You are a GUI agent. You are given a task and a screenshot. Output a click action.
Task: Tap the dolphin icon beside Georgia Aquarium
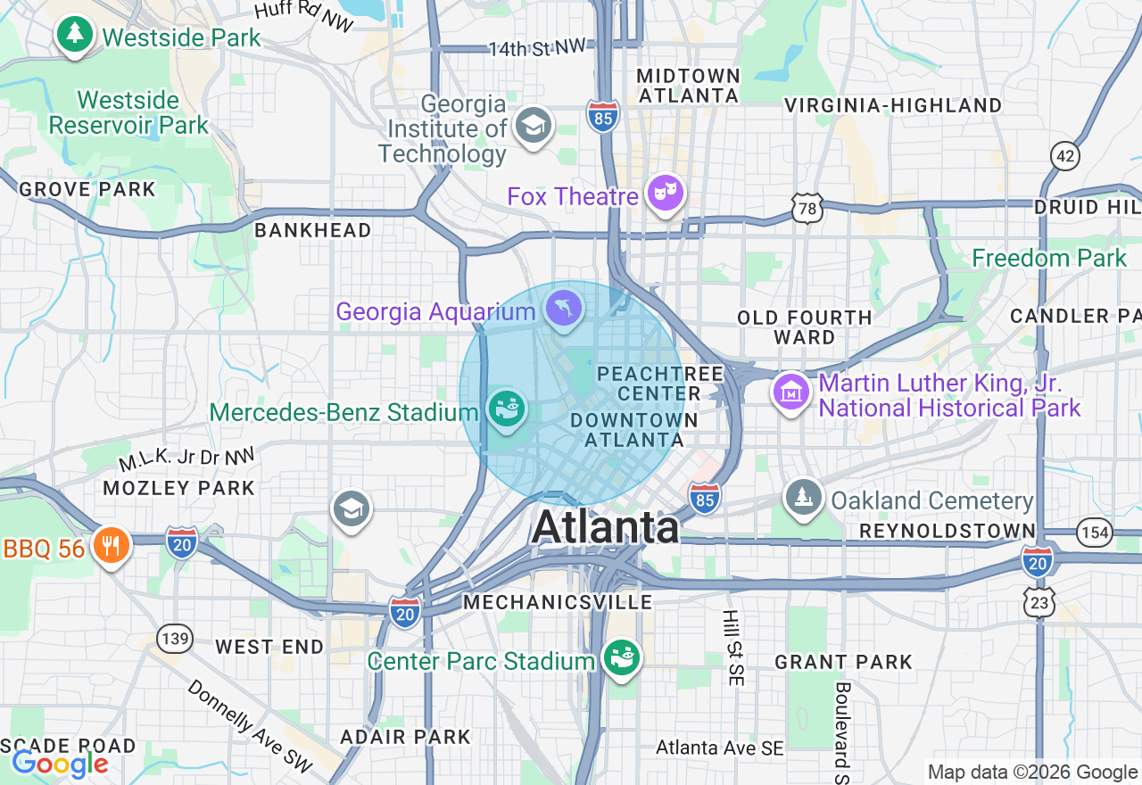[564, 310]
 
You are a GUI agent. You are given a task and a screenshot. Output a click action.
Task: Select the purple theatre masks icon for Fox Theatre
[665, 193]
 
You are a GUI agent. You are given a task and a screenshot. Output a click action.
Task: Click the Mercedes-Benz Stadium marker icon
[507, 410]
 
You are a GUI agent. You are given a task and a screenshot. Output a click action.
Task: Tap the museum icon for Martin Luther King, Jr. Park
[791, 392]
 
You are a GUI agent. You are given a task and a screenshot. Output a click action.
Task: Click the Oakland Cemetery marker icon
[803, 498]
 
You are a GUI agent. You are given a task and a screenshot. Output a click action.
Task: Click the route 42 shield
[1065, 157]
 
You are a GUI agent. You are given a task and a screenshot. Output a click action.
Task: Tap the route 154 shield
[1094, 533]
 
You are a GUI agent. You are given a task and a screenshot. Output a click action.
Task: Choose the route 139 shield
[174, 638]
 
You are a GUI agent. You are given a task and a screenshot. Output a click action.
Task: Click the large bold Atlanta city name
[606, 527]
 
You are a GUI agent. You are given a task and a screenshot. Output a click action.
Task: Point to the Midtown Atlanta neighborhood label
[688, 86]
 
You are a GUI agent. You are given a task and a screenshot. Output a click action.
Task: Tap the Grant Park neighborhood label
[843, 662]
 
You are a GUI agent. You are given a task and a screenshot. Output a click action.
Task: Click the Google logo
[60, 764]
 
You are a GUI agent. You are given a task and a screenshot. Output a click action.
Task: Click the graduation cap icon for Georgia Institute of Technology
[534, 126]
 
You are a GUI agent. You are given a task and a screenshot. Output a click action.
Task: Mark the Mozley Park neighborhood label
[178, 488]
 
